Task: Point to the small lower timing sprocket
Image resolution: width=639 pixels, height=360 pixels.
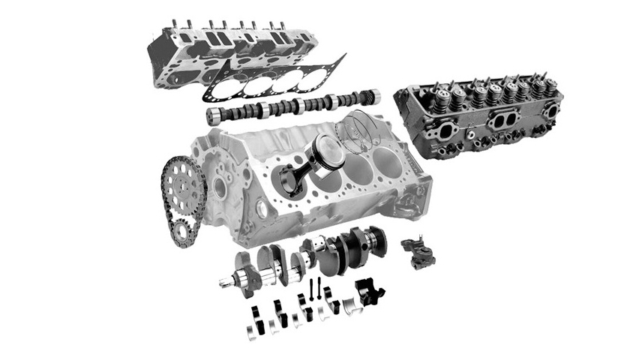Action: pos(182,232)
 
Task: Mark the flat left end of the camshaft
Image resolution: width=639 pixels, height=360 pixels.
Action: pos(213,115)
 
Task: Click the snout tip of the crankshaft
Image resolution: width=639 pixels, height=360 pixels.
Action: pos(223,283)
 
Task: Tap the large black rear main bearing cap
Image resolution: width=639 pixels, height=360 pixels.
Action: pos(368,290)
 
